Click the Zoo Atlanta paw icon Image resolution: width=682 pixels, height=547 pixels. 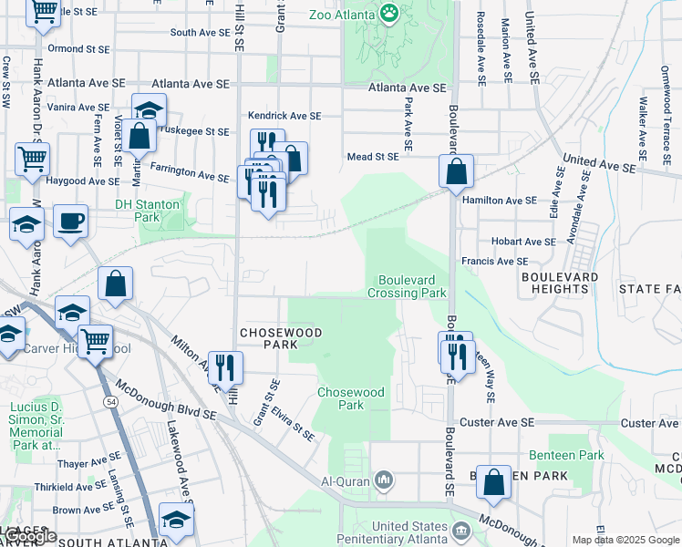[x=390, y=14]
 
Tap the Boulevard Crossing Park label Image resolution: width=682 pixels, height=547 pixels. [x=407, y=286]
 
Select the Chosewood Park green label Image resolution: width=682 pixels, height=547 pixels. [x=350, y=398]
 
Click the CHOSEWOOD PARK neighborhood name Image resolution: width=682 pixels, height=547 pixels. [x=281, y=339]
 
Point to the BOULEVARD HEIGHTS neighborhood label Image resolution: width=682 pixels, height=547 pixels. [x=560, y=283]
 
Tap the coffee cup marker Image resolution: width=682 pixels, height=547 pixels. [x=70, y=221]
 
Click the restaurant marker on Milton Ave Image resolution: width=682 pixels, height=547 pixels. [x=225, y=367]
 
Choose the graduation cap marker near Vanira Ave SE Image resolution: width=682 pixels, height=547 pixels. [x=148, y=109]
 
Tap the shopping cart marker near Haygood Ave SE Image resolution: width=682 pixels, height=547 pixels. [x=33, y=159]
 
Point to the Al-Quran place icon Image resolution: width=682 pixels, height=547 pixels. [x=384, y=479]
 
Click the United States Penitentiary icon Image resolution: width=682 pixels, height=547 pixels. [x=461, y=530]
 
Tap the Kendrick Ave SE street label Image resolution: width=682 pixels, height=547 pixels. [x=285, y=116]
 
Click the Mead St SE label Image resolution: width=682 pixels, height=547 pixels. [x=373, y=157]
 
